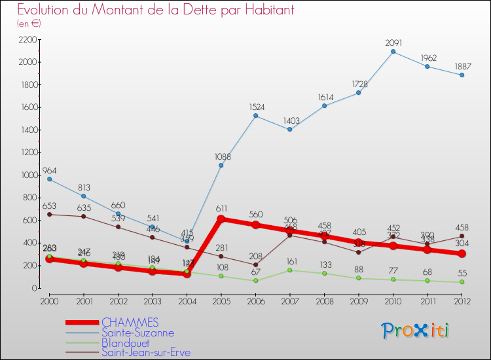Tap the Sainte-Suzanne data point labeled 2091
[393, 51]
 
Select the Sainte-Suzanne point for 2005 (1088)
[221, 165]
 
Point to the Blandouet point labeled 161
[289, 270]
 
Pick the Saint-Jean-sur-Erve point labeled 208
[255, 264]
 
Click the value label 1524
[255, 106]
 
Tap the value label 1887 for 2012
[462, 65]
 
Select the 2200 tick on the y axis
[28, 40]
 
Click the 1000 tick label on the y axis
[28, 175]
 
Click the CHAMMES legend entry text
[130, 322]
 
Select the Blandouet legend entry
[125, 342]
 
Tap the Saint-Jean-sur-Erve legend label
[145, 352]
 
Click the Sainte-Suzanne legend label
[137, 333]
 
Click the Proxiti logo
[416, 331]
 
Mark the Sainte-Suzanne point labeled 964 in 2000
[49, 179]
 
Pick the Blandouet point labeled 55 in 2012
[462, 281]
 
